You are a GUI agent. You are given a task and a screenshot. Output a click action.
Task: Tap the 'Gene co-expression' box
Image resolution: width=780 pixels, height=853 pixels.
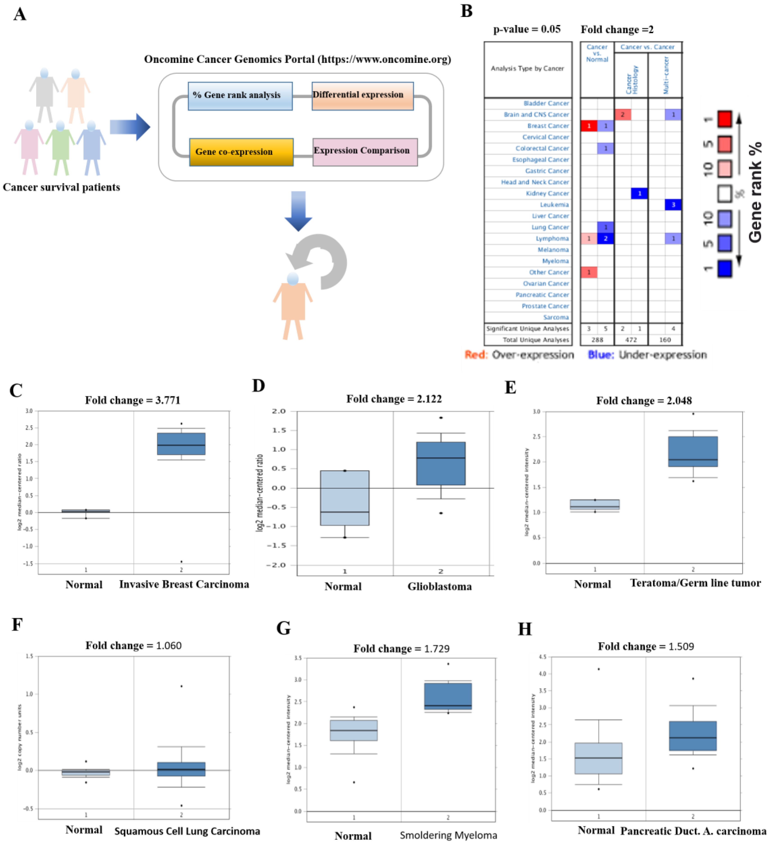pos(241,152)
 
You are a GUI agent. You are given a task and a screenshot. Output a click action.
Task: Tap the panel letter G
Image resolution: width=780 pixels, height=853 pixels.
pos(283,628)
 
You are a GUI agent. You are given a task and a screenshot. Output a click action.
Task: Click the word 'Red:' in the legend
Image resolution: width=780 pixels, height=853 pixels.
pos(476,355)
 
